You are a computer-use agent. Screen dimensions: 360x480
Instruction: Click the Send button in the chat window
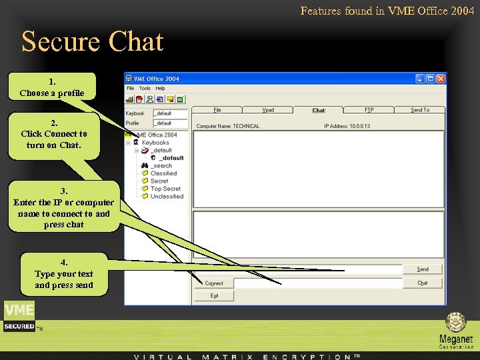(x=423, y=269)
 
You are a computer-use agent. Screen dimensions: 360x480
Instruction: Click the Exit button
(x=214, y=295)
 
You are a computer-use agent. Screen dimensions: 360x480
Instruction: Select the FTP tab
(x=369, y=110)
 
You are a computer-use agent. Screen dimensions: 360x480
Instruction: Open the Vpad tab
(x=268, y=110)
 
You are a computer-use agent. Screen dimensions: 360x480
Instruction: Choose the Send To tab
(x=420, y=110)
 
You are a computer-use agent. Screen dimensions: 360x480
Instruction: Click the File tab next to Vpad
(x=217, y=110)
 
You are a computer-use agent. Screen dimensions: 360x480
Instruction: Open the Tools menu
(x=145, y=88)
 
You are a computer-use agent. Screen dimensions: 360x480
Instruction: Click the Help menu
(x=160, y=88)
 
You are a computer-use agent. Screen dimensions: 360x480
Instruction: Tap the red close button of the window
(x=441, y=79)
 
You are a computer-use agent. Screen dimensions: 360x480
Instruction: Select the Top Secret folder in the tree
(x=165, y=189)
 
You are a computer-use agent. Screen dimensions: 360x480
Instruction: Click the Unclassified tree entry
(x=167, y=197)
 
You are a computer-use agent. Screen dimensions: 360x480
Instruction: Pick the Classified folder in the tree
(x=163, y=173)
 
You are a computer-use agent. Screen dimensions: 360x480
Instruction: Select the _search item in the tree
(x=161, y=166)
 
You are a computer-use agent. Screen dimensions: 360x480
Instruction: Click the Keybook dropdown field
(x=171, y=113)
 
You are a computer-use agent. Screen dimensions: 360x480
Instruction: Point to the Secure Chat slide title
(x=92, y=41)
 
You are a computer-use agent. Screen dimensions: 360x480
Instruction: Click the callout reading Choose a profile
(x=52, y=87)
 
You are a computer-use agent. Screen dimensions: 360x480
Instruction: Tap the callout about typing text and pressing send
(x=64, y=274)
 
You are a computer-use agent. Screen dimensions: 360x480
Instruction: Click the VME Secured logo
(x=19, y=316)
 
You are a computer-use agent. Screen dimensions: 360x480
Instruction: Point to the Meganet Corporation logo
(x=456, y=330)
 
